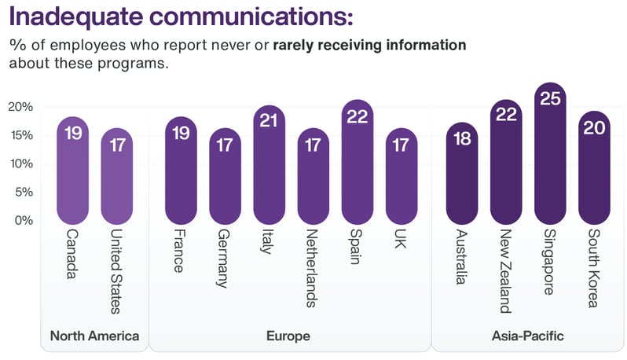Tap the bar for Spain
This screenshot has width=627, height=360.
click(x=357, y=165)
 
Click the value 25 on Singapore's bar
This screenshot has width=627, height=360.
click(x=550, y=99)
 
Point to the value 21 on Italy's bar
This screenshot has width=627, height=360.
click(x=269, y=122)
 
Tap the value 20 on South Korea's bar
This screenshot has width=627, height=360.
click(x=594, y=128)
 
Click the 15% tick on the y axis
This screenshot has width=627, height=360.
click(x=21, y=135)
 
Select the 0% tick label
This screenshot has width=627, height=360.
click(x=24, y=220)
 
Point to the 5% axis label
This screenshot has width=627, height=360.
click(x=24, y=192)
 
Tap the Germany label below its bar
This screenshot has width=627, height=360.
click(x=224, y=259)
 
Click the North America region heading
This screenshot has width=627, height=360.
click(x=94, y=336)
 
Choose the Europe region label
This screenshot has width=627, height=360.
click(x=288, y=336)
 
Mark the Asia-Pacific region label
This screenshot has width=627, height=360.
click(x=527, y=336)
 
